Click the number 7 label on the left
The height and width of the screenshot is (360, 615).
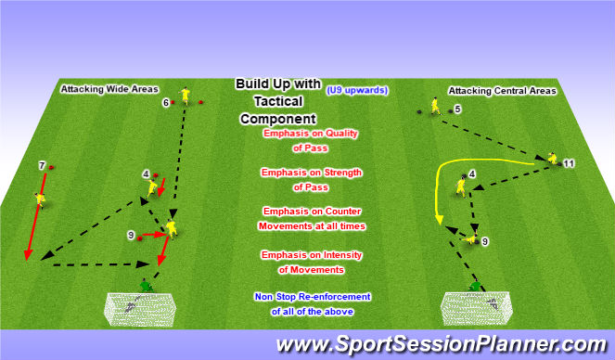41,165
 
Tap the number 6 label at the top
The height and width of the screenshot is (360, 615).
166,102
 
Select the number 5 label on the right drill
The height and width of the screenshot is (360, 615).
457,109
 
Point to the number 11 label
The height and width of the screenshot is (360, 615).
569,163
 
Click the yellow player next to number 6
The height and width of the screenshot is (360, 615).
186,96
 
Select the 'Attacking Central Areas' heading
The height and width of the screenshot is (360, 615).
502,91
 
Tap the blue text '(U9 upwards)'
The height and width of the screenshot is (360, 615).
356,90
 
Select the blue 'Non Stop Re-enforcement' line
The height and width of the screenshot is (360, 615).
312,296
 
